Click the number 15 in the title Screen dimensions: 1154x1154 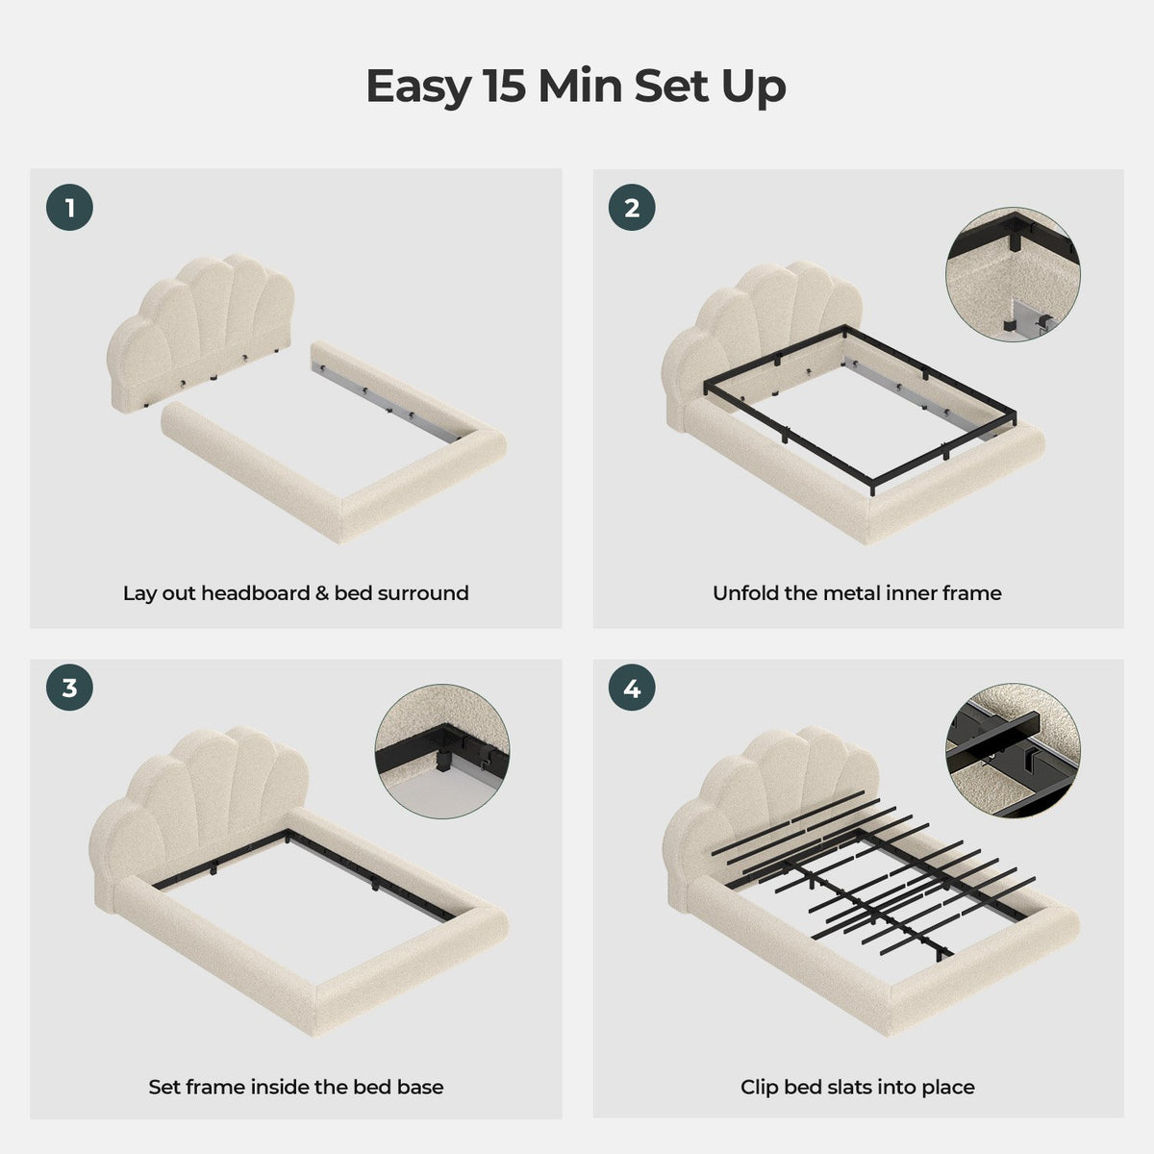tap(505, 87)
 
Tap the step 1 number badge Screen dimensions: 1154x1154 tap(69, 208)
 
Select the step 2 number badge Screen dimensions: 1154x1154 tap(632, 208)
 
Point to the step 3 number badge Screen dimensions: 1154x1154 tap(69, 688)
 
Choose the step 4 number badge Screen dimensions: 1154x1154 tap(632, 688)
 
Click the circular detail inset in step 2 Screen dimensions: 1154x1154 tap(1014, 275)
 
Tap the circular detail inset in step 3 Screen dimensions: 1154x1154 tap(442, 752)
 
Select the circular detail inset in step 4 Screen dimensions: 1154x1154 tap(1014, 751)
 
